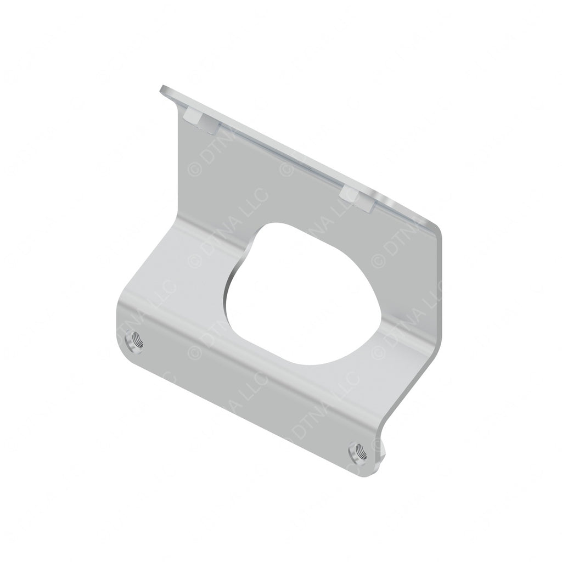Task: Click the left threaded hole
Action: tap(134, 343)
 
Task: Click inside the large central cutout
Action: tap(296, 296)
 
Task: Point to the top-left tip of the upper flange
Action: tap(162, 89)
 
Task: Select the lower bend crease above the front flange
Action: tap(247, 351)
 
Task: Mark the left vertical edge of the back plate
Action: tap(182, 165)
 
